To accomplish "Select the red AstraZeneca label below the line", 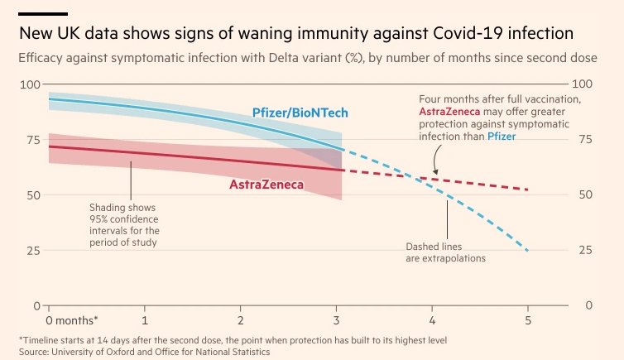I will click(x=266, y=184).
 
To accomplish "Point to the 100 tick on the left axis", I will click(x=31, y=84).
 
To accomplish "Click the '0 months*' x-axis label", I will click(x=71, y=319).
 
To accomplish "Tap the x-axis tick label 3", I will click(x=336, y=319).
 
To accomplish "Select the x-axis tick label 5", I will click(x=527, y=319).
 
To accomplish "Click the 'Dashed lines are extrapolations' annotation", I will click(x=445, y=252).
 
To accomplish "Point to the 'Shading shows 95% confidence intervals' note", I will click(x=124, y=224).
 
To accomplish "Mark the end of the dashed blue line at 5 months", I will click(x=527, y=250).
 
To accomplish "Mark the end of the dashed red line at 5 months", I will click(x=527, y=190).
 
